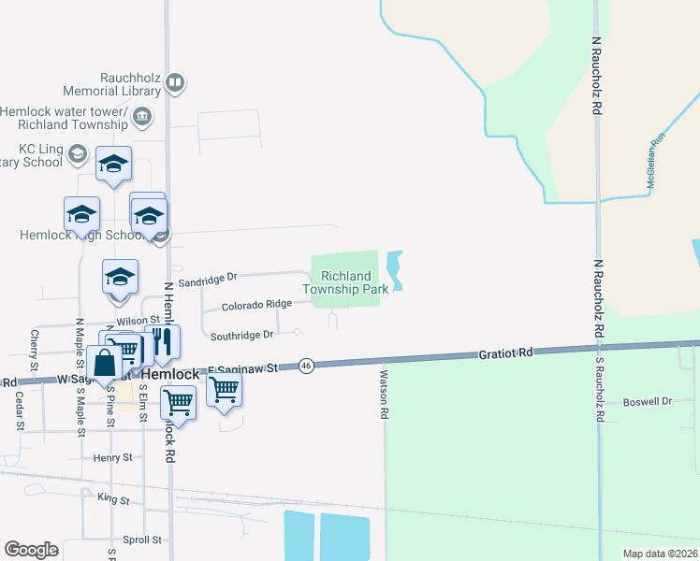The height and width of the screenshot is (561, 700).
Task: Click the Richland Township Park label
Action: [x=345, y=282]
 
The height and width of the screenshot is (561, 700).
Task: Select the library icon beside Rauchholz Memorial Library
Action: [x=174, y=84]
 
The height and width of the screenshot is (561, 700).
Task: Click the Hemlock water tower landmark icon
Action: [x=142, y=117]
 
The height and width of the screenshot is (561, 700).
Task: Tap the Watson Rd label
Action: [x=384, y=393]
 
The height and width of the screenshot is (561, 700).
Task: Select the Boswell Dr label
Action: [x=648, y=401]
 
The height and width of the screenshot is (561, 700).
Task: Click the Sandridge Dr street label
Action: [x=208, y=277]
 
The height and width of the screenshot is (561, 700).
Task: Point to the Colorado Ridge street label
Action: [x=256, y=305]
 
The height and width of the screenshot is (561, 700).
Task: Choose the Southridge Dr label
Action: [x=241, y=335]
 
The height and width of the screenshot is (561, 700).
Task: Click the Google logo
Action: [x=31, y=550]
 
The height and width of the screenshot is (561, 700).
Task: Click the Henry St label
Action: [x=113, y=458]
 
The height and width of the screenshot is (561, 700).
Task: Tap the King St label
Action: [x=113, y=499]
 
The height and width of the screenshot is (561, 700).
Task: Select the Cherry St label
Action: [x=35, y=348]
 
